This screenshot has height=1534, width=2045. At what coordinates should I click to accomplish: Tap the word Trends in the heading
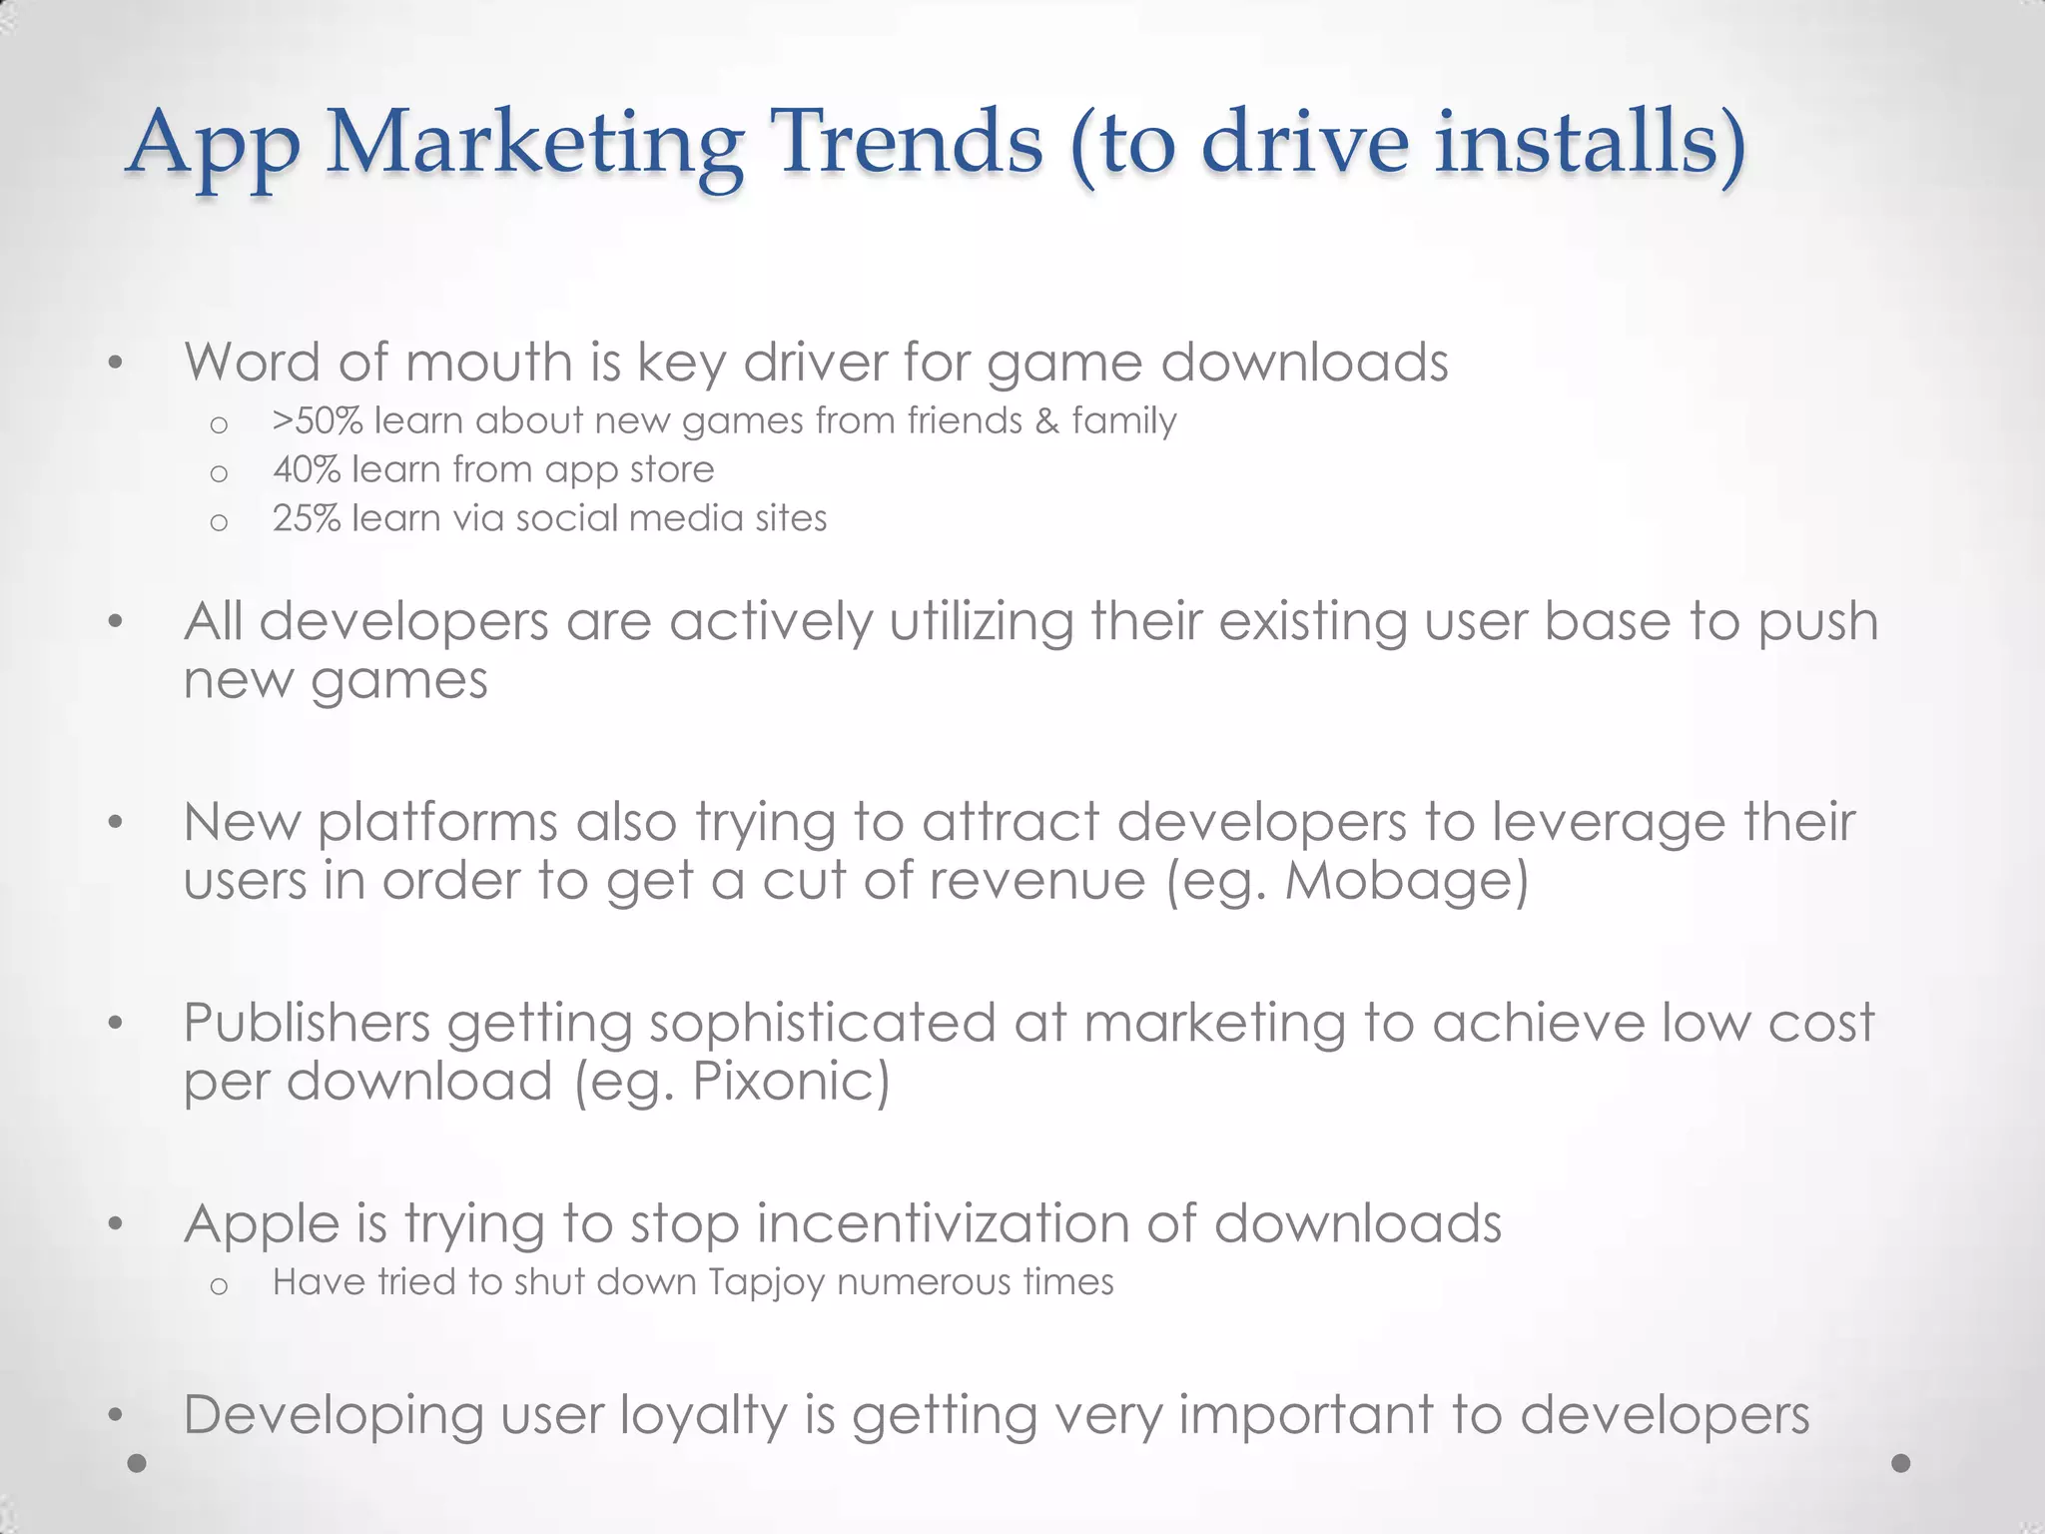(x=909, y=142)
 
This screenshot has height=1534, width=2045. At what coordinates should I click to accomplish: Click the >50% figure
(x=317, y=421)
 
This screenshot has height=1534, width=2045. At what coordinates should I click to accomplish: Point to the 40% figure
(x=307, y=469)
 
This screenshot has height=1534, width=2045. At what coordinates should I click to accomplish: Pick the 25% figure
(x=307, y=518)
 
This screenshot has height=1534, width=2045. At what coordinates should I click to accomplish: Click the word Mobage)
(x=1406, y=881)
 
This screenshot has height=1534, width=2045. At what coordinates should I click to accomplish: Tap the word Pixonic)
(x=790, y=1082)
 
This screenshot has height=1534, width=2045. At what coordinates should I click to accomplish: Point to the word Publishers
(x=307, y=1023)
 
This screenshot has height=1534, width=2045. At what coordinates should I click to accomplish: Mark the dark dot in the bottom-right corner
(x=1901, y=1463)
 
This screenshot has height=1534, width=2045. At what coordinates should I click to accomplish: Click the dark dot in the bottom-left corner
(x=138, y=1463)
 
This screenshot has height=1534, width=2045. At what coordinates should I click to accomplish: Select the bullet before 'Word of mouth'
(x=116, y=364)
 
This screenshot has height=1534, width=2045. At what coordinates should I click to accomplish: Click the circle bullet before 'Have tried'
(x=220, y=1285)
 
